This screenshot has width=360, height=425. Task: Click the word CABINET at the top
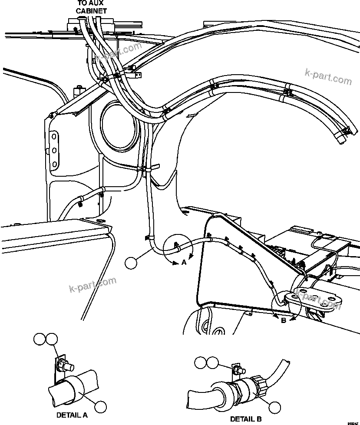click(x=91, y=11)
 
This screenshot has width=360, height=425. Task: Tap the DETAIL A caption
click(x=72, y=415)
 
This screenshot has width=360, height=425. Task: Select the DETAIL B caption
click(x=246, y=419)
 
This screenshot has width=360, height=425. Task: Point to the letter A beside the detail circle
click(x=184, y=262)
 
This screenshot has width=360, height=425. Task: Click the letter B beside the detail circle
click(x=283, y=321)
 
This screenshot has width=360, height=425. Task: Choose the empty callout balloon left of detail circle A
click(x=131, y=262)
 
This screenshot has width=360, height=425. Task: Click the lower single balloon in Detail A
click(x=100, y=407)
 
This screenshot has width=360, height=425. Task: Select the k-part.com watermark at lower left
click(x=93, y=285)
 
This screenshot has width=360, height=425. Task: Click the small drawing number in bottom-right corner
click(x=352, y=422)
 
